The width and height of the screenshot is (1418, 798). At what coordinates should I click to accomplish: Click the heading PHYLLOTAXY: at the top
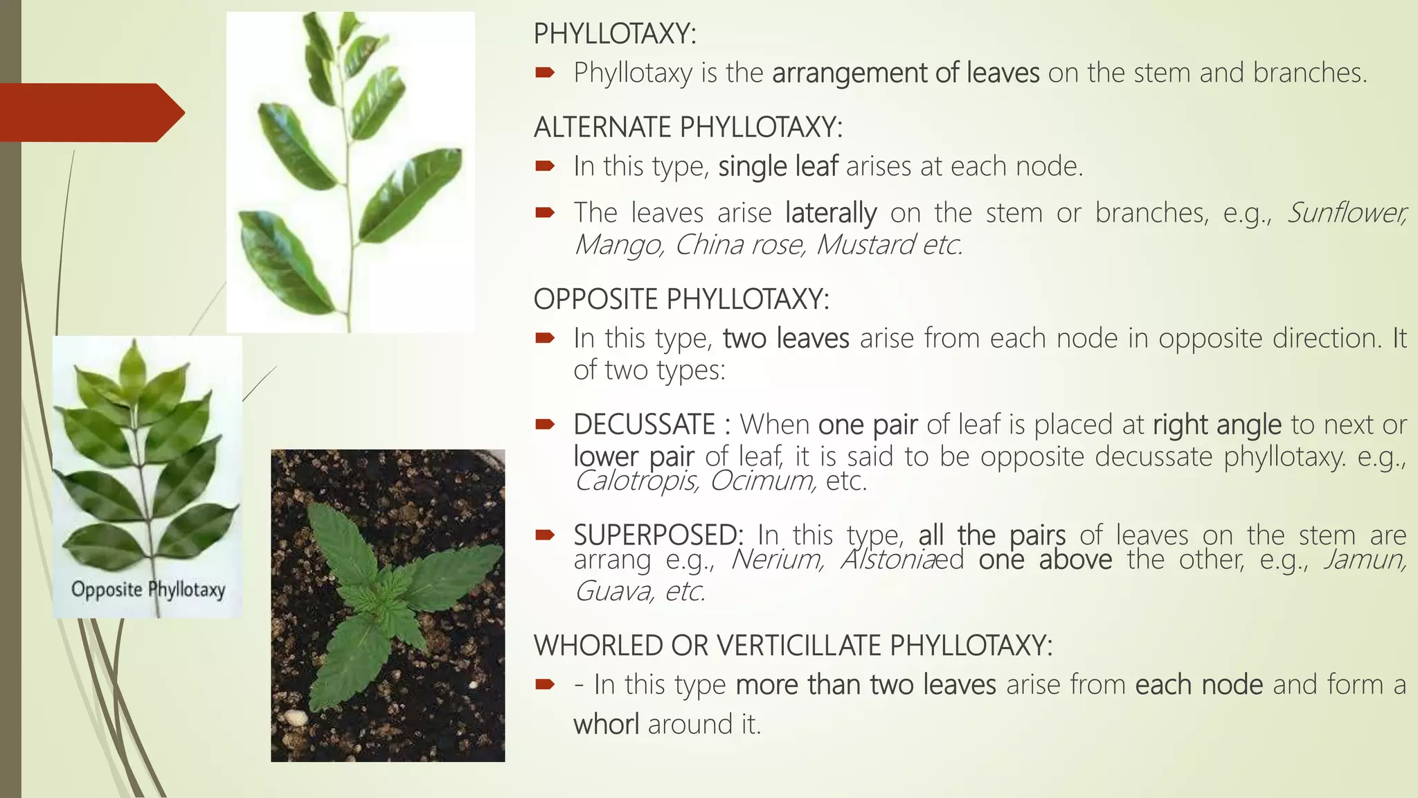(x=614, y=34)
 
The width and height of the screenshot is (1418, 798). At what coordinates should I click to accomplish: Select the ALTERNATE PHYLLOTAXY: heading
(x=688, y=127)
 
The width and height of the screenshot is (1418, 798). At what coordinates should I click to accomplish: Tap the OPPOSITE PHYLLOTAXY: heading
(x=681, y=299)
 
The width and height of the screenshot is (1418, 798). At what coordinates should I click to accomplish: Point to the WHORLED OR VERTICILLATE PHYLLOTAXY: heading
(x=793, y=646)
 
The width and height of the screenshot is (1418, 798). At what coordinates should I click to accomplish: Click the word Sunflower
(x=1346, y=213)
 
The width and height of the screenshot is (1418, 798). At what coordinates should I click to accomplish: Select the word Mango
(x=618, y=245)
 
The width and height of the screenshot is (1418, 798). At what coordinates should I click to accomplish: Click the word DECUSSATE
(x=644, y=425)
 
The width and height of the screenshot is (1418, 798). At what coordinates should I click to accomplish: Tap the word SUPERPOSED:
(x=658, y=534)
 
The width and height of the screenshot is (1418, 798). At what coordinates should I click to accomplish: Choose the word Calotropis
(x=636, y=480)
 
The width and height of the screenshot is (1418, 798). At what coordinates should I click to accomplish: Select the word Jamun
(x=1365, y=559)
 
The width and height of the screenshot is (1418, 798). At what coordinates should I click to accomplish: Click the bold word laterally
(x=830, y=213)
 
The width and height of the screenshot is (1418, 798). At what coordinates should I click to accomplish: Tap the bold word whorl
(x=606, y=724)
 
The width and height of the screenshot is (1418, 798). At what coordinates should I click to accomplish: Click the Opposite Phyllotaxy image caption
(x=148, y=589)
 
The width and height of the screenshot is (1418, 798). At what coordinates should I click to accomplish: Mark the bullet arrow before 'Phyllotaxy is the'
(x=545, y=72)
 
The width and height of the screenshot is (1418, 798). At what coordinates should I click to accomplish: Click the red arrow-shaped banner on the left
(x=90, y=112)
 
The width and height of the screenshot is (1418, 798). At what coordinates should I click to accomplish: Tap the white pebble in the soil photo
(x=296, y=717)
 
